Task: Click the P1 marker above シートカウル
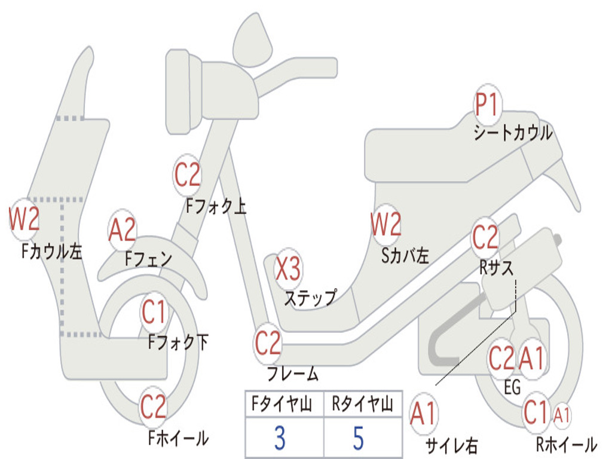coord(488,105)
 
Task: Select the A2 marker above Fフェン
coord(123,229)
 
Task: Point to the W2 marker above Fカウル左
coord(24,219)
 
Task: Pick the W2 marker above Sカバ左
coord(385,225)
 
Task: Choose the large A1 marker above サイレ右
coord(423,414)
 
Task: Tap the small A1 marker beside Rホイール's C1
coord(562,414)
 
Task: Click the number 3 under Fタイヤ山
coord(279,438)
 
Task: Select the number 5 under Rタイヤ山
coord(358,438)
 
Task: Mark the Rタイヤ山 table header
coord(362,405)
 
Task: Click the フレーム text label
coord(293,375)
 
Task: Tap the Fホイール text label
coord(178,438)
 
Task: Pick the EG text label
coord(512,388)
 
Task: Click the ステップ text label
coord(310,298)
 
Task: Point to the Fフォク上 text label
coord(216,206)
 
